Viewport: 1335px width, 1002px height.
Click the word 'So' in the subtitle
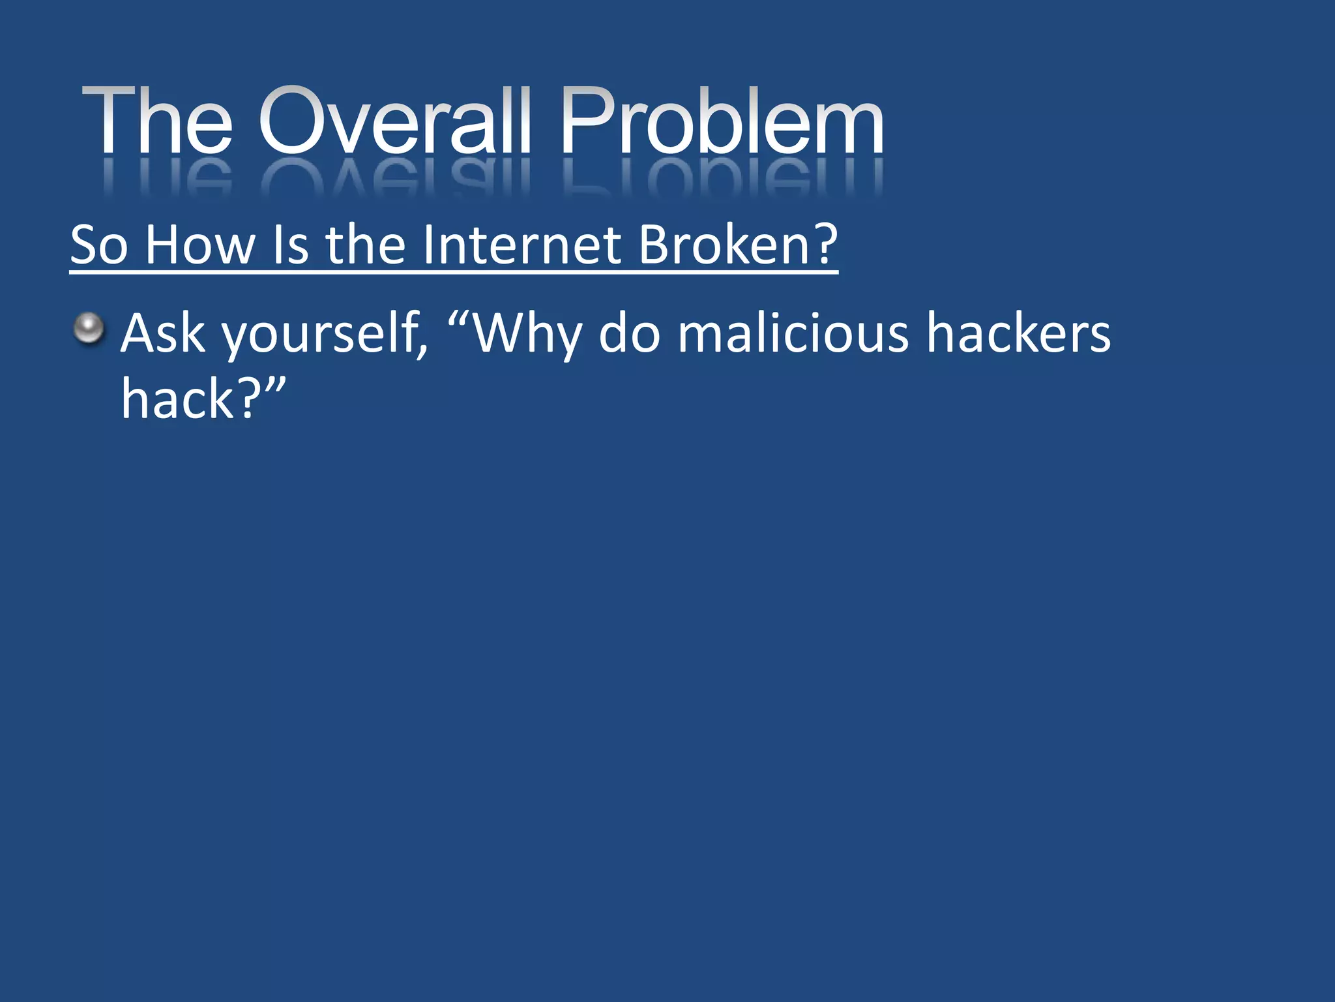pos(98,245)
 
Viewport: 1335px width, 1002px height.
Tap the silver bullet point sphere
pos(89,328)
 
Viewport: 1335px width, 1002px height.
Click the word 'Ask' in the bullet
pos(163,333)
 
